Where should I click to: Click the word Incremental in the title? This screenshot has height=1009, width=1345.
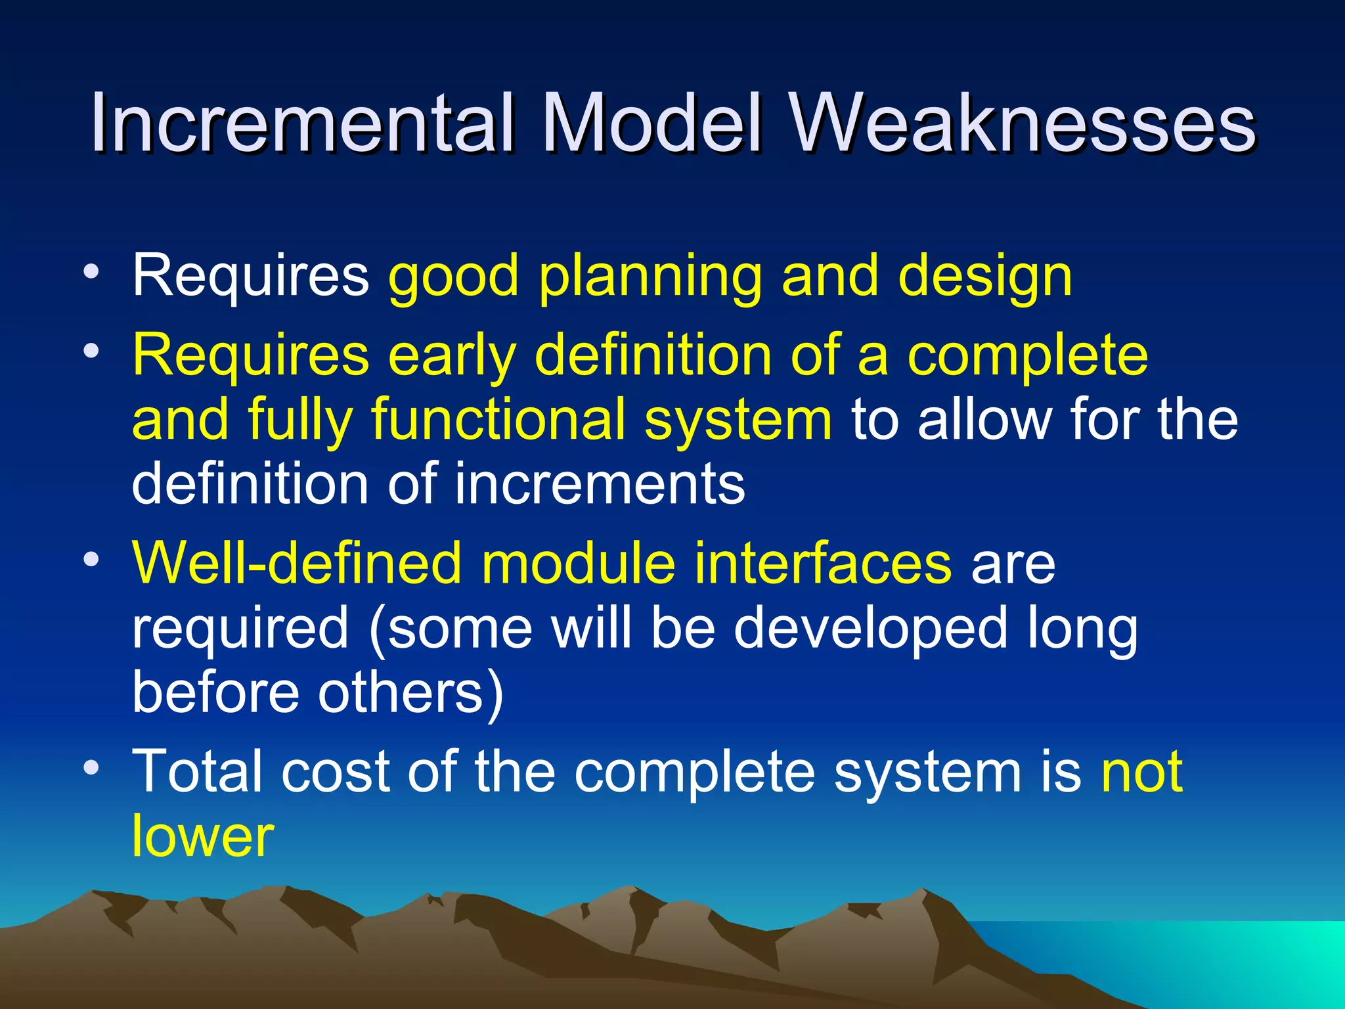click(301, 123)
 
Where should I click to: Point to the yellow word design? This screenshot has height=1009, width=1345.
click(985, 277)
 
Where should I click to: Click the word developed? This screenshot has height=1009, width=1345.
click(870, 629)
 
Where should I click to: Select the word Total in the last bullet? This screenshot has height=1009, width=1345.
click(197, 772)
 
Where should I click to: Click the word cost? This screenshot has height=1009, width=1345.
click(336, 772)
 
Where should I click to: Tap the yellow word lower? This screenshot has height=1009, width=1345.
click(202, 836)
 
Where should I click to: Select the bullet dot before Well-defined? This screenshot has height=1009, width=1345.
click(91, 560)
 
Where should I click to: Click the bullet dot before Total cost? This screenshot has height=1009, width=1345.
click(91, 767)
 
